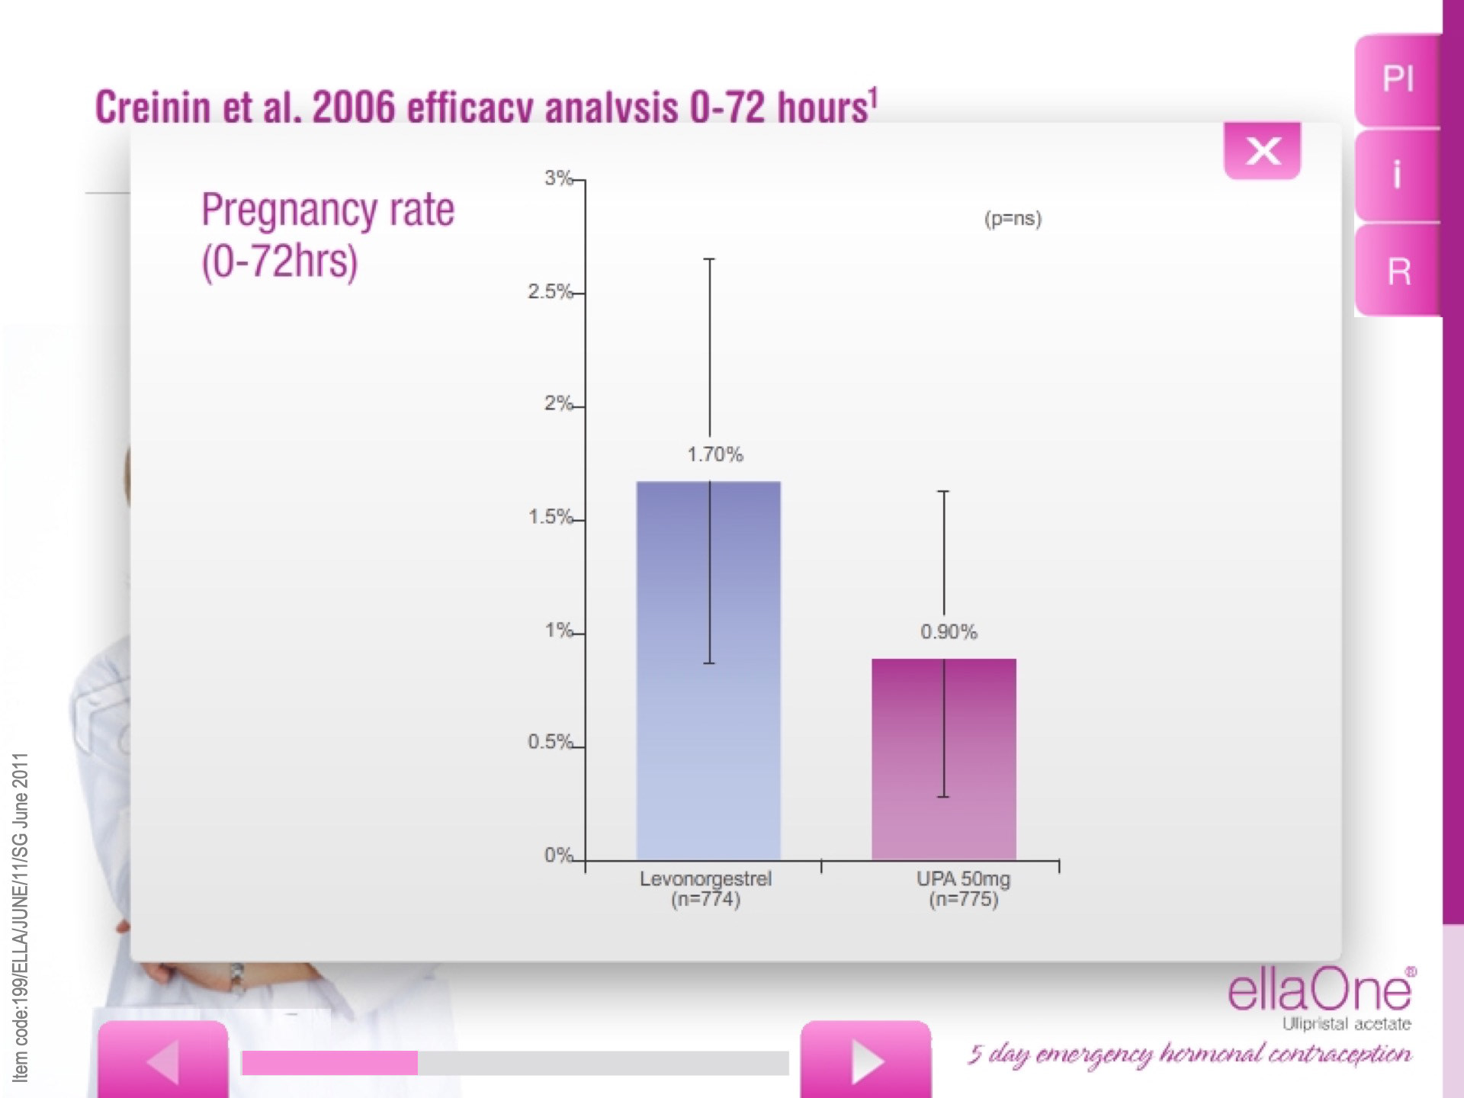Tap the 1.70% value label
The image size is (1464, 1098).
tap(714, 454)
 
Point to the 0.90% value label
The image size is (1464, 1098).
tap(948, 632)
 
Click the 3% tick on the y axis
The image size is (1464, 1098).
tap(559, 178)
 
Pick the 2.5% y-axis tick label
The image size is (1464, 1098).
tap(550, 292)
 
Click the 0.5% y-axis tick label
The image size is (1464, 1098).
tap(550, 742)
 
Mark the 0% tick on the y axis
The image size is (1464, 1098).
tap(558, 856)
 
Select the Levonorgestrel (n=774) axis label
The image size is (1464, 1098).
tap(705, 889)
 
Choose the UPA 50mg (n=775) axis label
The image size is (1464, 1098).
tap(963, 889)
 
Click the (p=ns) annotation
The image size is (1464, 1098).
tap(1013, 219)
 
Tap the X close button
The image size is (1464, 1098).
tap(1262, 151)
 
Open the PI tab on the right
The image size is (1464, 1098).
tap(1398, 79)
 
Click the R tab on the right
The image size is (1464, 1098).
tap(1398, 271)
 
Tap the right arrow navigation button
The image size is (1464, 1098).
tap(865, 1060)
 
